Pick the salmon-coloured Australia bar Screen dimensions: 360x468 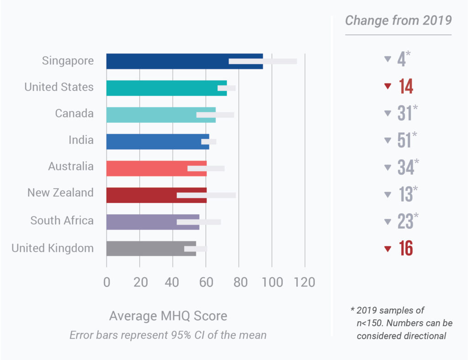146,168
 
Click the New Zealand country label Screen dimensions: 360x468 60,193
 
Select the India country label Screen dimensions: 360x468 81,140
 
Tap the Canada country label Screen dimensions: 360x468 74,113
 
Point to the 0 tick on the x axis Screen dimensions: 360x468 106,282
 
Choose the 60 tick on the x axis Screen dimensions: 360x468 206,282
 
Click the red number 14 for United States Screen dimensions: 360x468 406,86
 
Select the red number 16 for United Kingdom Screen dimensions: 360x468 406,249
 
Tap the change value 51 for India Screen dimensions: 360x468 404,141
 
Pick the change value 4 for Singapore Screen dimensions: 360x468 401,59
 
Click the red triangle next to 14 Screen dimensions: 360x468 388,86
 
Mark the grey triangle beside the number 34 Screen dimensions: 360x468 388,168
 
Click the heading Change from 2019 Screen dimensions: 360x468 398,21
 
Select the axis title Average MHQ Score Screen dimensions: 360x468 168,316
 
